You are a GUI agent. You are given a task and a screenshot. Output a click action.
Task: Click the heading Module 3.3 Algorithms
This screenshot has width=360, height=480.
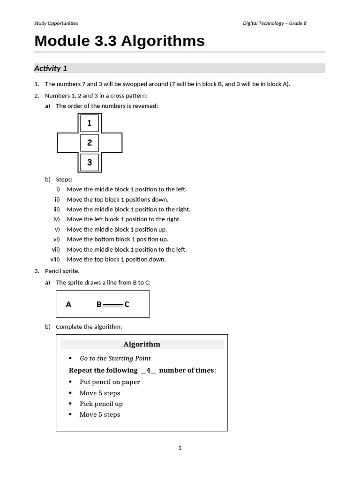click(120, 41)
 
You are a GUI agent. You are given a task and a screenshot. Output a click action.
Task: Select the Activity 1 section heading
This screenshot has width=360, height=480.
click(51, 68)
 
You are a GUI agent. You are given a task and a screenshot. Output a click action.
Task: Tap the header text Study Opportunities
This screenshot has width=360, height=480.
click(56, 23)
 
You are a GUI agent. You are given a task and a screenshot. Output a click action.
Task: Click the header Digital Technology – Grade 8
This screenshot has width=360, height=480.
click(275, 23)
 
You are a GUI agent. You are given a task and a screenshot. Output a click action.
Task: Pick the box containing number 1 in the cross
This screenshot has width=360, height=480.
click(90, 123)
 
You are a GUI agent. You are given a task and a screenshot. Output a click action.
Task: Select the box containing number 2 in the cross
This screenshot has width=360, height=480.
click(90, 143)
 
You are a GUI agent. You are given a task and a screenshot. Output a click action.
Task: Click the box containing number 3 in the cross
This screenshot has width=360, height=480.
click(90, 163)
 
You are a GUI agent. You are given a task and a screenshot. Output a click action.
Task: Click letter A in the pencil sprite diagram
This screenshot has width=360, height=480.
click(68, 304)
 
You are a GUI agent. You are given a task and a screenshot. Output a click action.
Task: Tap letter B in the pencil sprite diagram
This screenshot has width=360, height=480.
click(99, 304)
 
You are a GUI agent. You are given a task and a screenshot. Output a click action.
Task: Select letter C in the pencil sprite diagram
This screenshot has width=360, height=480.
click(127, 304)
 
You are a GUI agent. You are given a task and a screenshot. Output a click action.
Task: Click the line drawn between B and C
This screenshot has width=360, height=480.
click(112, 305)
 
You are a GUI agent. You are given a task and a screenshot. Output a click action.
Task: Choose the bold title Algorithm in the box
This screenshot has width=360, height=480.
click(142, 345)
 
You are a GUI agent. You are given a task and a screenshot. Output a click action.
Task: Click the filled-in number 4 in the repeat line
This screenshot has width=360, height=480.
click(148, 370)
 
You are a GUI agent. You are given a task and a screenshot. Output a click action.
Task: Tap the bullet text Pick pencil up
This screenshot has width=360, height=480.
click(101, 404)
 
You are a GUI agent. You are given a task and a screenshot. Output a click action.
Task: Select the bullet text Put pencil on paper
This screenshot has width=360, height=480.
click(110, 382)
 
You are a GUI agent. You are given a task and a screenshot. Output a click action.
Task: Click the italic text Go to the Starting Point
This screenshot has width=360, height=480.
click(115, 358)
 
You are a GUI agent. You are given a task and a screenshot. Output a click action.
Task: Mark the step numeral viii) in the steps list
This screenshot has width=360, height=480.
click(55, 259)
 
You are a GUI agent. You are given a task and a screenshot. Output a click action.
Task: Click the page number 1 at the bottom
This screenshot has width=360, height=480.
click(180, 448)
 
